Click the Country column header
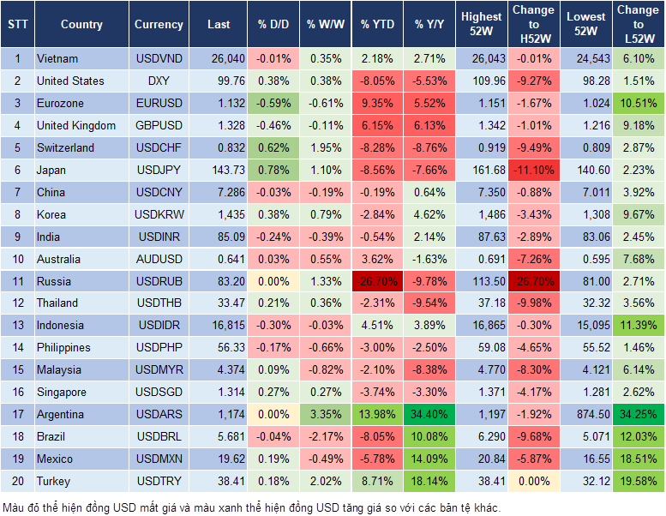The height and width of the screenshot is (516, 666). tap(81, 25)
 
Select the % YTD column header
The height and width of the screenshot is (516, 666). tap(377, 25)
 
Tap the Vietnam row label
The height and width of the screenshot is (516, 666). tap(57, 59)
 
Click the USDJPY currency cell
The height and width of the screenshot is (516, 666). tap(159, 171)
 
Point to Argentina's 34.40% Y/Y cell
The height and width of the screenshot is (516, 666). tap(430, 415)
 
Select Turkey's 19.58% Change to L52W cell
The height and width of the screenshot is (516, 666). tap(637, 482)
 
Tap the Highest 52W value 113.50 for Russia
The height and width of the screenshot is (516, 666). tap(482, 281)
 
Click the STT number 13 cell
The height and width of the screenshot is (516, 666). tap(17, 326)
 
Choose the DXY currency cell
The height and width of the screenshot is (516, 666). tap(159, 81)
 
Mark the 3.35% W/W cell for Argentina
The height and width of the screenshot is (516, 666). tap(324, 415)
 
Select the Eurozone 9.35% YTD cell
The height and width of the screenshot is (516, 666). tap(377, 104)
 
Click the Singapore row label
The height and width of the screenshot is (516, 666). tap(62, 393)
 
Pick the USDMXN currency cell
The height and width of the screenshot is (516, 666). tap(159, 459)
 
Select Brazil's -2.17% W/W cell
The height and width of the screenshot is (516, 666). tap(324, 437)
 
